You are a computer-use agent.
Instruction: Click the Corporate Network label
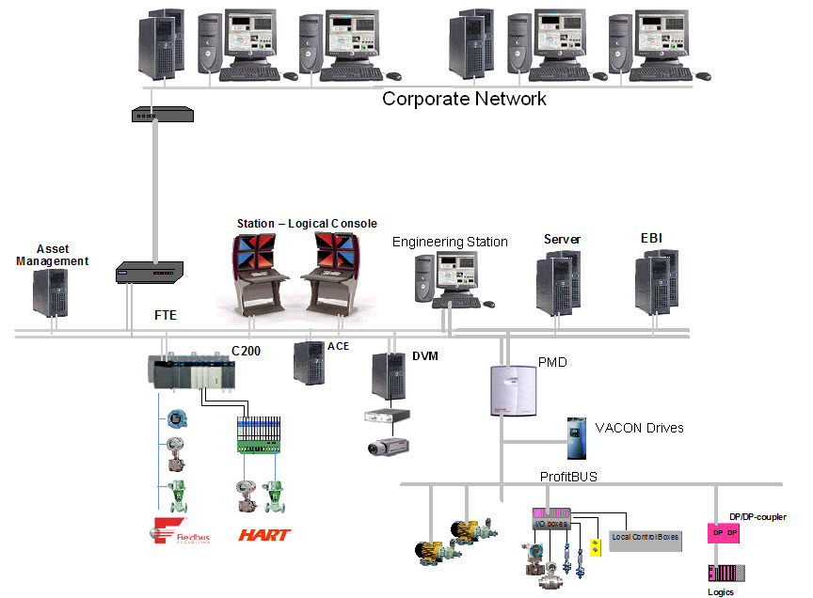[464, 98]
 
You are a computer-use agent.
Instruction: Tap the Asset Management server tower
[50, 292]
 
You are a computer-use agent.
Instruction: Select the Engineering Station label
[450, 243]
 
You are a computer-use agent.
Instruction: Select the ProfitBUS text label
[568, 477]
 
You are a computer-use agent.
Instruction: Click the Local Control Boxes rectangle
[646, 537]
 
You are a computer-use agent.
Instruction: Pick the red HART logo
[264, 535]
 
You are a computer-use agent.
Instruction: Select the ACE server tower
[309, 361]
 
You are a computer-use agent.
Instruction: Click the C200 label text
[247, 352]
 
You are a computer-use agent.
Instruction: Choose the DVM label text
[426, 355]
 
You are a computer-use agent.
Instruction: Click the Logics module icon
[725, 572]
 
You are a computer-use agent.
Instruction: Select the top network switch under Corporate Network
[162, 115]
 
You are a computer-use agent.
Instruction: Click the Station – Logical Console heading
[307, 224]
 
